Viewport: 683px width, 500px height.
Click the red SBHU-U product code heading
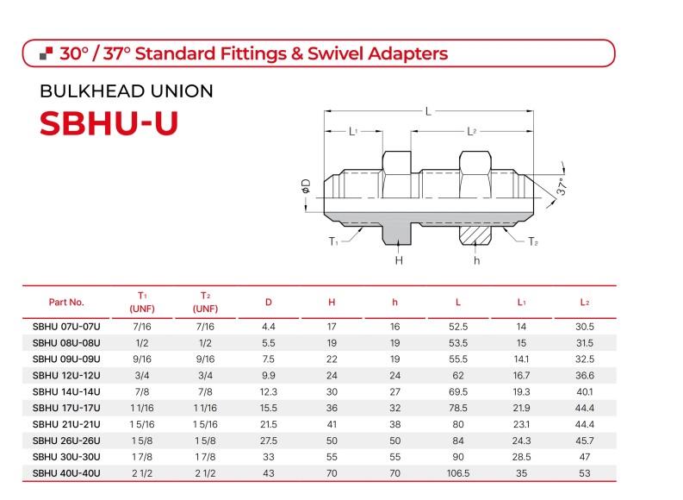pyautogui.click(x=109, y=123)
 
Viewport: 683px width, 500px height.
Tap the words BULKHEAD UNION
pyautogui.click(x=127, y=91)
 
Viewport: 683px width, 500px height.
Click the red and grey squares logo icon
pyautogui.click(x=47, y=53)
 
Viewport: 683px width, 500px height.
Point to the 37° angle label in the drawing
pyautogui.click(x=562, y=186)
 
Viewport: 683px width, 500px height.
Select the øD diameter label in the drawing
pyautogui.click(x=307, y=185)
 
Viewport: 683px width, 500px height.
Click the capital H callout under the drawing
pyautogui.click(x=399, y=260)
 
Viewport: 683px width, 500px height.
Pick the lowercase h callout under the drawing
pyautogui.click(x=477, y=260)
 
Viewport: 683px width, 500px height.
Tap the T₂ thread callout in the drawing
pyautogui.click(x=533, y=241)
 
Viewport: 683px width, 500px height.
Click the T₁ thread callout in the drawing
pyautogui.click(x=333, y=241)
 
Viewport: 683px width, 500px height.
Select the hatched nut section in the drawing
pyautogui.click(x=475, y=235)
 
